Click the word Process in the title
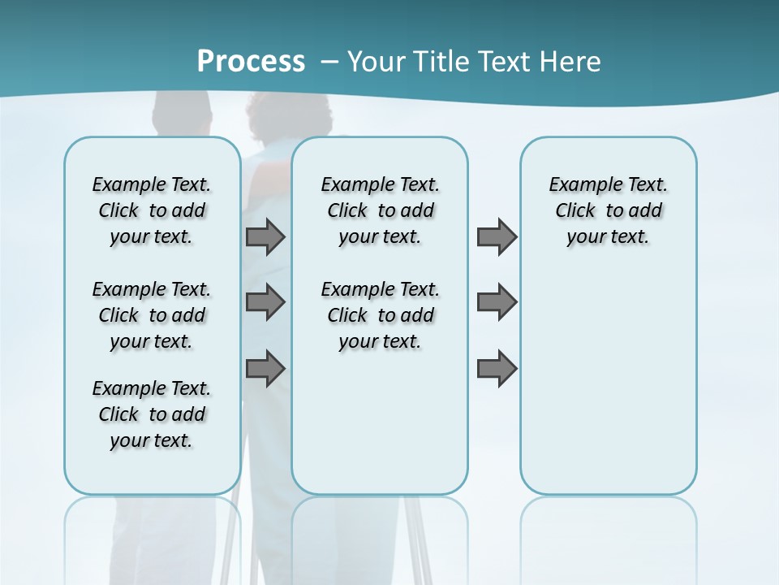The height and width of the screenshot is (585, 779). (x=251, y=61)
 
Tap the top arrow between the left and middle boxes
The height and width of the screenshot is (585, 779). (x=265, y=236)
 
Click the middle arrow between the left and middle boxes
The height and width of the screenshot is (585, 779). (x=265, y=302)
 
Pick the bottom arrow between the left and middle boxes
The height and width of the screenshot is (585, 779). (x=265, y=368)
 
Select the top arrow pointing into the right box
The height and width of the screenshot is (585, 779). (x=497, y=236)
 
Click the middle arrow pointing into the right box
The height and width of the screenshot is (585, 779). (x=497, y=302)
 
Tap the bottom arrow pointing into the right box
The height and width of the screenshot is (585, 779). (x=497, y=368)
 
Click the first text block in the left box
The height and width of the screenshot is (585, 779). (x=152, y=210)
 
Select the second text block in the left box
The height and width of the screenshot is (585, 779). (x=152, y=315)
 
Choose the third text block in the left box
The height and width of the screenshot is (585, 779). (x=152, y=414)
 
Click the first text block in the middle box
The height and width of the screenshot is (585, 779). (x=380, y=210)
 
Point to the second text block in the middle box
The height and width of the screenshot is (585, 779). (x=380, y=315)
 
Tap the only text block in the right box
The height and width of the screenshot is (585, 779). (x=608, y=210)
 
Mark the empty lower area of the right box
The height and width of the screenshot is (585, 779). (x=608, y=382)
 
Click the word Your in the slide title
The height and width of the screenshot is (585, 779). (x=377, y=62)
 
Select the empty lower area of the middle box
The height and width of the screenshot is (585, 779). (x=380, y=422)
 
